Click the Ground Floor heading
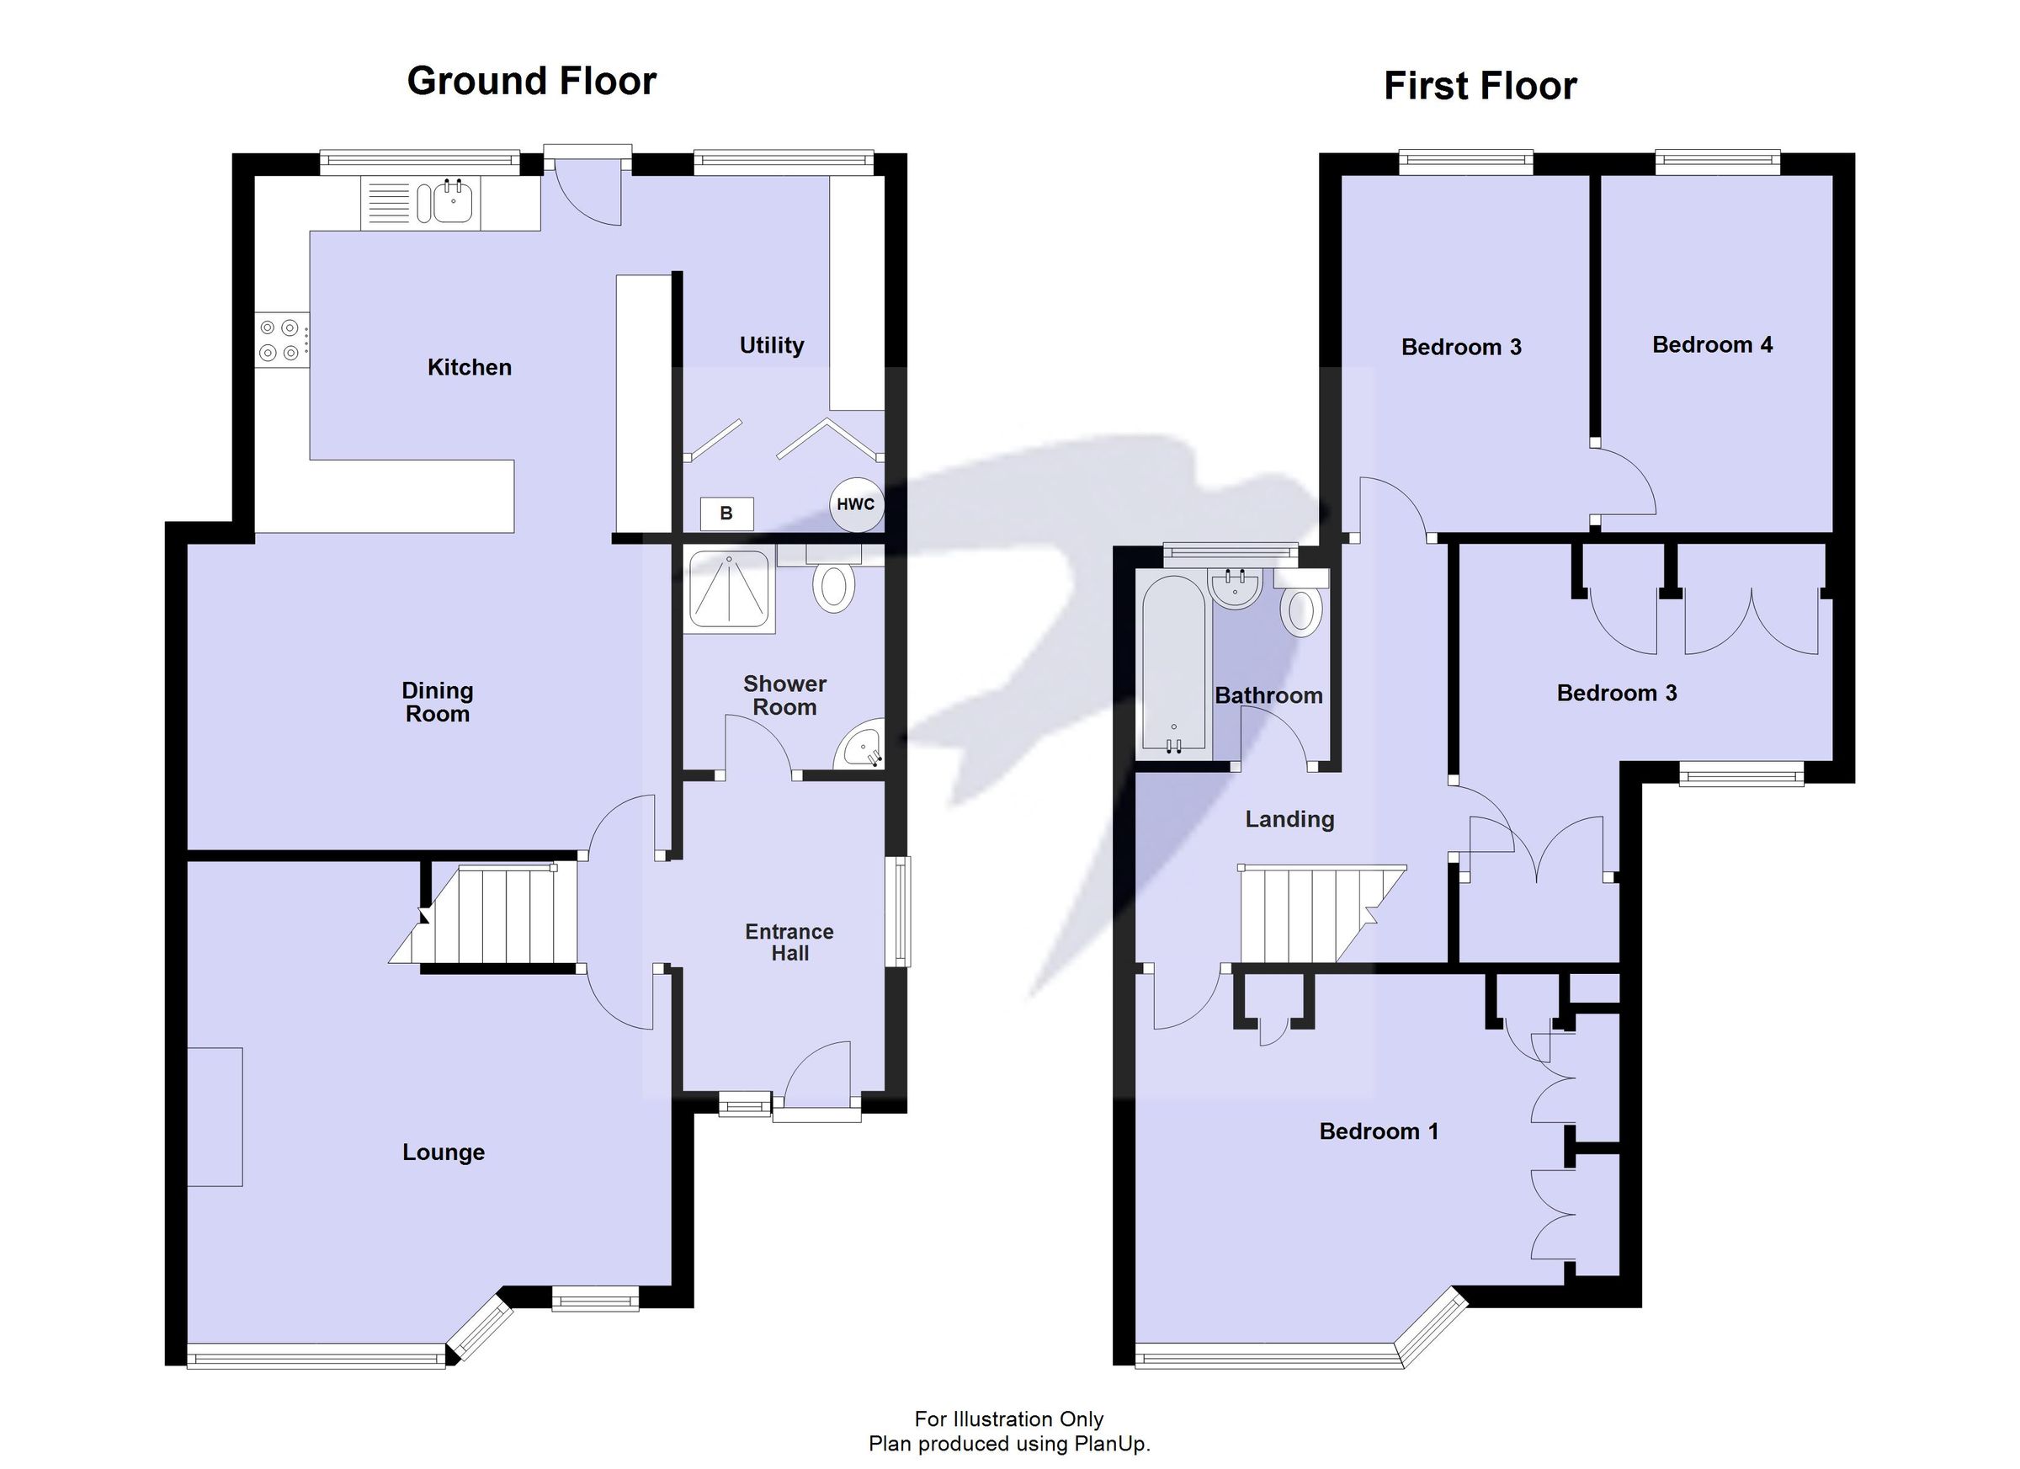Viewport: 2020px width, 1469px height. (x=531, y=81)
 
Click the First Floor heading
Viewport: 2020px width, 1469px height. (x=1480, y=87)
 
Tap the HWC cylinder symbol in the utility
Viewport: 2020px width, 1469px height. (x=855, y=504)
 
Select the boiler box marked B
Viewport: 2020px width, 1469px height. (x=726, y=514)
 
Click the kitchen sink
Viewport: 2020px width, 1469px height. (x=453, y=202)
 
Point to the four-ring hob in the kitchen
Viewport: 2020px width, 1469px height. (x=279, y=340)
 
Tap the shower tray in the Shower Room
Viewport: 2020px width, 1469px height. (x=730, y=590)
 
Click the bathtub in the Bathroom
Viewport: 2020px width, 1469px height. (x=1173, y=663)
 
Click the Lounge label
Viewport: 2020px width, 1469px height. (x=444, y=1152)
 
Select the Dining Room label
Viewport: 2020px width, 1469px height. (x=438, y=702)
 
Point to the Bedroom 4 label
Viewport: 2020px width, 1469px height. (x=1711, y=345)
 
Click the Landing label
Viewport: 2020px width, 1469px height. (x=1289, y=819)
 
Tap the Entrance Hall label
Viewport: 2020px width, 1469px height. (x=789, y=942)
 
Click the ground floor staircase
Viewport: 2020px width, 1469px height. (x=499, y=915)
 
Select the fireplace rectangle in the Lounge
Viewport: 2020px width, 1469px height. (x=215, y=1116)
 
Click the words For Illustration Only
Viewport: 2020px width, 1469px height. (x=1008, y=1419)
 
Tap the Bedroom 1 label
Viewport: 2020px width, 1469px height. (x=1378, y=1131)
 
